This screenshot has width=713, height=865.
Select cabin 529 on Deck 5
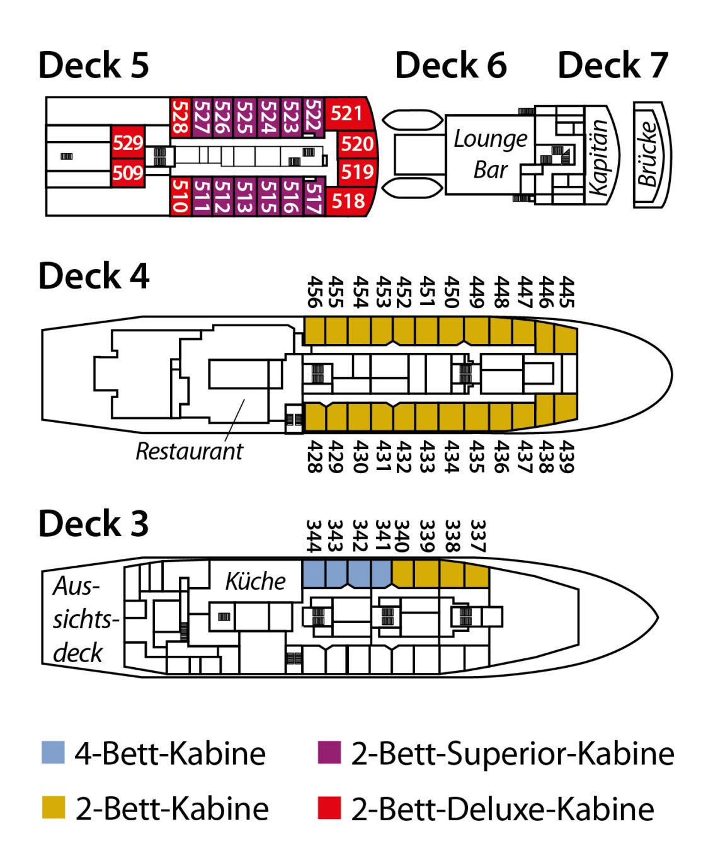128,143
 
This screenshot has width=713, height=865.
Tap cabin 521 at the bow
346,113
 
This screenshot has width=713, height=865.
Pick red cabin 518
348,201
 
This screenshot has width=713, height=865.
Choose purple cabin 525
246,117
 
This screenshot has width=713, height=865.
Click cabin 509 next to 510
128,173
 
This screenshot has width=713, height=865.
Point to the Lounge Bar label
490,154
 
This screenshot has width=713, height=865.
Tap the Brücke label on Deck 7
649,155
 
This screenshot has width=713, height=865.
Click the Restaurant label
189,451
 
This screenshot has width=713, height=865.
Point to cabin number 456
314,291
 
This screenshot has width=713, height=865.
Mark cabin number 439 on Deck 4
567,457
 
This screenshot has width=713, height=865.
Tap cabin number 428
314,457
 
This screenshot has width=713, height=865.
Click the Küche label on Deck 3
255,581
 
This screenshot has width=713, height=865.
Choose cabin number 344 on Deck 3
313,536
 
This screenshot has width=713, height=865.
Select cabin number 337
477,536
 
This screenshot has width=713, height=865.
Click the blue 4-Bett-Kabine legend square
54,752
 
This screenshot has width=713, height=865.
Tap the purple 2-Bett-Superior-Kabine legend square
329,752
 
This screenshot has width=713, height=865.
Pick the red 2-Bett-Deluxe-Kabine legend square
329,808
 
